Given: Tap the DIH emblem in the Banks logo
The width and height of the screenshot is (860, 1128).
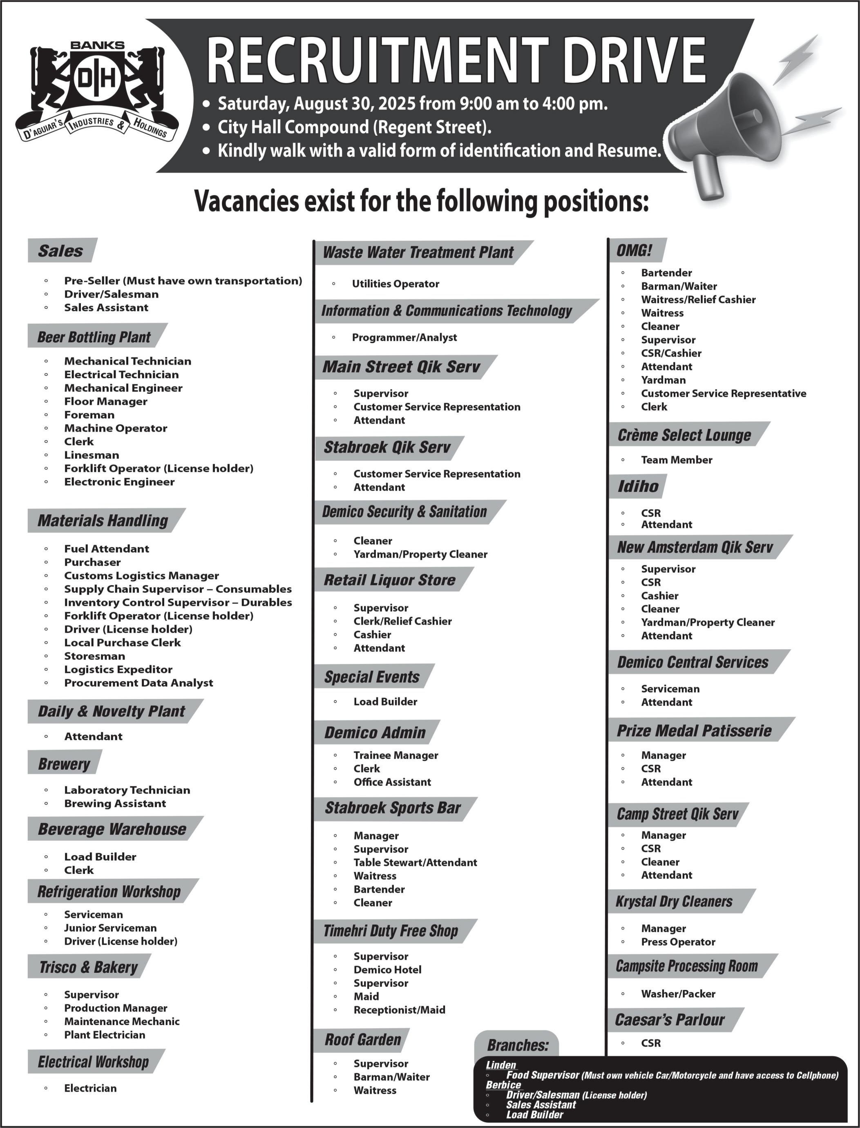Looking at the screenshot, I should coord(97,79).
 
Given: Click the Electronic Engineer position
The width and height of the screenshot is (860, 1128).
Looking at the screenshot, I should coord(119,482).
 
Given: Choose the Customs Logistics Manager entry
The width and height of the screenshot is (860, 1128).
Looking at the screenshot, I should coord(141,576).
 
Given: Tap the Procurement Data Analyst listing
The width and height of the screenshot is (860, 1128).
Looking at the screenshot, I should coord(138,683).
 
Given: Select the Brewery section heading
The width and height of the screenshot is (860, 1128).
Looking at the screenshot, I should coord(64,764).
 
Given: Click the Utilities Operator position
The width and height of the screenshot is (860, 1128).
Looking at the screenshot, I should coord(395,284).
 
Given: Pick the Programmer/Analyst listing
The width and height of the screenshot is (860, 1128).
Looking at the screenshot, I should coord(404,338).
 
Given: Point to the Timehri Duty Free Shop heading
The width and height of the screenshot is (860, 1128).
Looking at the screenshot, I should coord(391,931).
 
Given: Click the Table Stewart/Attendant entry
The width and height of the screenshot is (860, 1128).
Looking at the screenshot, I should coord(415,863).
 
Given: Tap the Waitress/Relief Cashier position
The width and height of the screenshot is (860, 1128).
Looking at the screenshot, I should coord(698,300).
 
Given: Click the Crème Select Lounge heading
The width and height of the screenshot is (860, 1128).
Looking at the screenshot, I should coord(684,436).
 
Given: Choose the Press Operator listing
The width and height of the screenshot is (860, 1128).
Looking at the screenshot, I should coord(678,942).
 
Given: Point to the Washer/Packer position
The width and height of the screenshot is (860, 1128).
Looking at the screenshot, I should coord(678,994).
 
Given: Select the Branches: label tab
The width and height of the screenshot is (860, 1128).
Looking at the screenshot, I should coord(518,1045).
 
